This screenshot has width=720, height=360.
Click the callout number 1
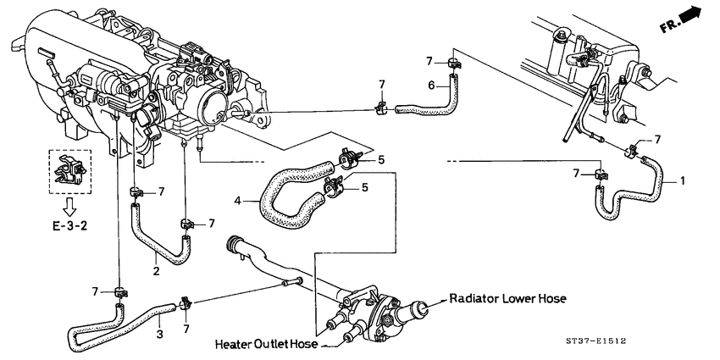click(x=682, y=180)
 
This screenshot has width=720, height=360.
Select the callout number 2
click(x=156, y=271)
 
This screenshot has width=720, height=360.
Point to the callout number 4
click(x=239, y=200)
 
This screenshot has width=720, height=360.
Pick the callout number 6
click(x=431, y=85)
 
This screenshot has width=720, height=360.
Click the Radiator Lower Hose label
click(x=507, y=299)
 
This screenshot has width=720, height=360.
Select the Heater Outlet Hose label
click(x=266, y=344)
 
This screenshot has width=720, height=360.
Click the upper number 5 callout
click(x=381, y=158)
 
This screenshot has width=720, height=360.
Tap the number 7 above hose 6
click(x=429, y=61)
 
